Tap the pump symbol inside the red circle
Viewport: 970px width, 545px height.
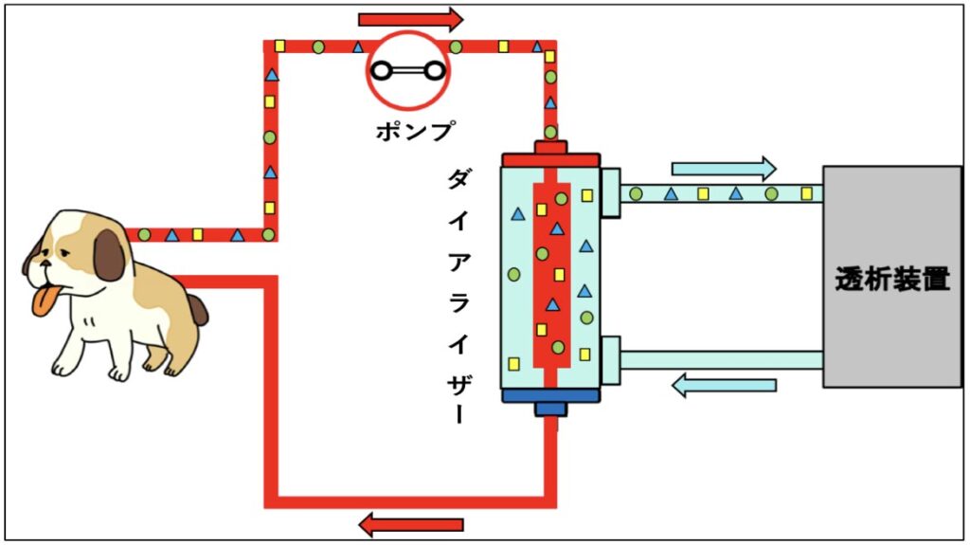click(408, 71)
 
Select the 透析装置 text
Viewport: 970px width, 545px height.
click(892, 280)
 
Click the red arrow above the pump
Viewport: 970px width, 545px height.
click(411, 19)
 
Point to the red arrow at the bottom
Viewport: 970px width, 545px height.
click(411, 524)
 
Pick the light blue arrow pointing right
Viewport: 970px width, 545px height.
click(724, 169)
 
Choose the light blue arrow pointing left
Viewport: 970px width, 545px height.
click(724, 385)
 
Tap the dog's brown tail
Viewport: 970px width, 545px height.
click(197, 309)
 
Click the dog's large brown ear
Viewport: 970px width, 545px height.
click(110, 255)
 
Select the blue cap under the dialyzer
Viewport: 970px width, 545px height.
click(550, 401)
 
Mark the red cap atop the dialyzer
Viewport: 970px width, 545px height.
click(550, 154)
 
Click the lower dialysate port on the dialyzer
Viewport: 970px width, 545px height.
click(610, 360)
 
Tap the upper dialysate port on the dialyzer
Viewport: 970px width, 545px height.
click(610, 192)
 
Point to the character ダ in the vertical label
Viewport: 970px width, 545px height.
click(458, 179)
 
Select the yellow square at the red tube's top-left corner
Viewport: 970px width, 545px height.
click(279, 45)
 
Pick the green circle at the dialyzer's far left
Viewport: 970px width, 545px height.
click(513, 274)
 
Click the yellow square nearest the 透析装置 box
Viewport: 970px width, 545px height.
click(806, 193)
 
